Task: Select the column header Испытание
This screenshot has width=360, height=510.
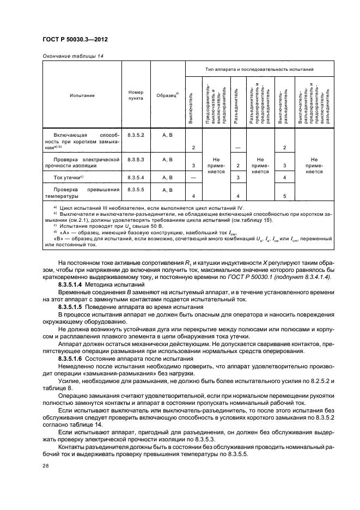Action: (82, 95)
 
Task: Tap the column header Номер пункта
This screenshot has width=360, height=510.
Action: (136, 95)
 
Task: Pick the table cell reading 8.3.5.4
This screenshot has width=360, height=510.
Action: (136, 178)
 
